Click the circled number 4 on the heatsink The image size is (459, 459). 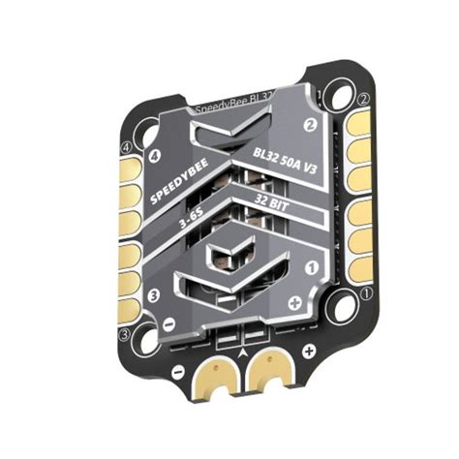pos(154,155)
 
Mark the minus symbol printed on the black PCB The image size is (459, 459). pos(177,372)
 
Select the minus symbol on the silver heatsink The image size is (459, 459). pos(170,324)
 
